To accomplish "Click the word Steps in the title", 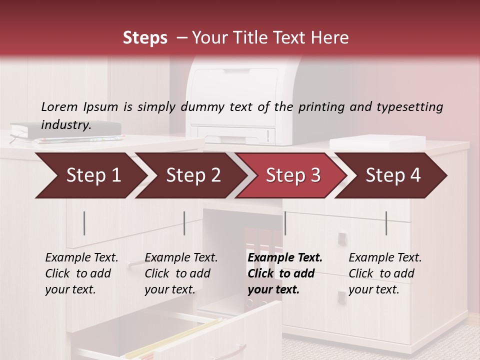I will click(145, 38).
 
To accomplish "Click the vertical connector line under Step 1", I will click(84, 223).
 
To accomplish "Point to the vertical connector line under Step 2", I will click(184, 223).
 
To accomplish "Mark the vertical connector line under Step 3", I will click(285, 223).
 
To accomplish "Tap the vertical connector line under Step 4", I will click(386, 223).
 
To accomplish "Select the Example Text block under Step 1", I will click(81, 273).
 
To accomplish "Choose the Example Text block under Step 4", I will click(385, 273).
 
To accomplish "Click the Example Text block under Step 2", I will click(181, 273).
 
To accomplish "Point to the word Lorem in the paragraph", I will click(59, 107).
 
